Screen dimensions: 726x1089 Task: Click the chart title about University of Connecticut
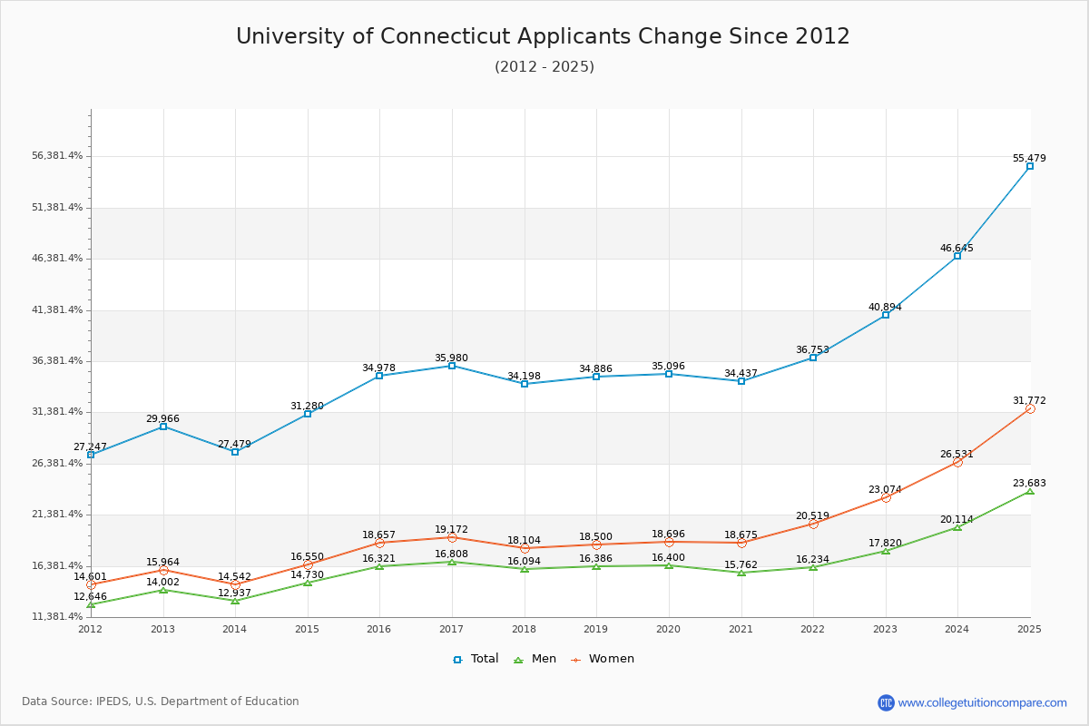click(x=543, y=36)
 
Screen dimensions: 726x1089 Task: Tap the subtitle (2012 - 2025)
click(x=544, y=67)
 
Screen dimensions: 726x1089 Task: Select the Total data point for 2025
click(x=1030, y=166)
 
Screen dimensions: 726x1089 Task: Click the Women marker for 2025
click(x=1030, y=409)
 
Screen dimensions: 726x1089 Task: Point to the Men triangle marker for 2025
click(x=1030, y=491)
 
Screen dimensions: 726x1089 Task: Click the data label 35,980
click(x=451, y=358)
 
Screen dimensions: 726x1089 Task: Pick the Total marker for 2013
click(x=163, y=427)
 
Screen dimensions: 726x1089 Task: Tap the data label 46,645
click(x=957, y=248)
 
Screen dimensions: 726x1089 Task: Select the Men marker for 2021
click(x=741, y=573)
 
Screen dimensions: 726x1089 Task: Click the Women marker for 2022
click(x=813, y=524)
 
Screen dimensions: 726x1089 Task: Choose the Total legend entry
click(x=476, y=659)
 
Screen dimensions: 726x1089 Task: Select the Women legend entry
click(x=603, y=659)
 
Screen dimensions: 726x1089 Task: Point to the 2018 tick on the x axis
click(x=524, y=629)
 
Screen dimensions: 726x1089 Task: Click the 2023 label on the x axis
click(x=885, y=629)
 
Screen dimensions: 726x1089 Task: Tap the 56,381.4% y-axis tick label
click(x=57, y=156)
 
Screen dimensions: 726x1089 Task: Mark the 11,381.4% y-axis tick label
click(x=57, y=617)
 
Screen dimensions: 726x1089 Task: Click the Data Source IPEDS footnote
click(x=161, y=701)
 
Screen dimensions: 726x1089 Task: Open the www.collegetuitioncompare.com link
click(x=982, y=702)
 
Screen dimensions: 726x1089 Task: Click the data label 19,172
click(x=451, y=529)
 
